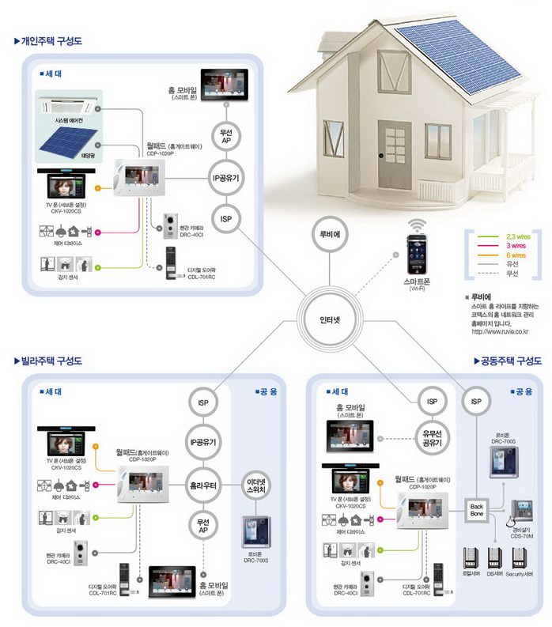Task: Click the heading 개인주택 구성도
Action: tap(52, 40)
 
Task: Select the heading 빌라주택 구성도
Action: tap(52, 361)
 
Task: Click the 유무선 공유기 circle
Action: tap(432, 437)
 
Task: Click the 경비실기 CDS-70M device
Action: tap(524, 513)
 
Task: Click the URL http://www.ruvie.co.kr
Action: tap(505, 331)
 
